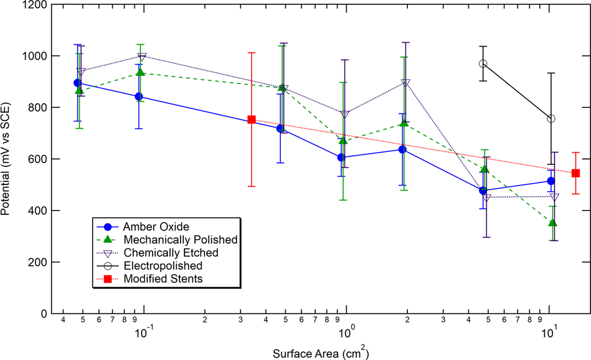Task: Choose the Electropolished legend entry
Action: point(163,266)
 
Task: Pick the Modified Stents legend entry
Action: point(164,279)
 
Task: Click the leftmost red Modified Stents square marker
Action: point(252,120)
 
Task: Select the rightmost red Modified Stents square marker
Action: point(576,173)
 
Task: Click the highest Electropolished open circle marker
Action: point(483,64)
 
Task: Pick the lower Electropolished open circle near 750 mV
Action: point(551,118)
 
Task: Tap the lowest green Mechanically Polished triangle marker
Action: point(552,222)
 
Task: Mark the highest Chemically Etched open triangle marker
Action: point(142,57)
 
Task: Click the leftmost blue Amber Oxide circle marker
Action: point(77,83)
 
